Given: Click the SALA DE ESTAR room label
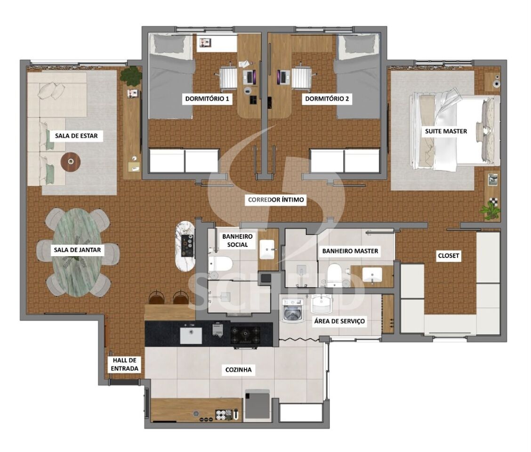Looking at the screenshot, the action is pos(76,136).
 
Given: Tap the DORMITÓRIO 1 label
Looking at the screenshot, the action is pos(207,98).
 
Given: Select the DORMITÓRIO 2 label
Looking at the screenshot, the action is pos(327,98).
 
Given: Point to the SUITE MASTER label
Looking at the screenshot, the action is pos(446,131).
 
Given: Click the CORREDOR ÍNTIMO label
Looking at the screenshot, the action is pos(276,200).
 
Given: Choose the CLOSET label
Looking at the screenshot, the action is pos(449,256).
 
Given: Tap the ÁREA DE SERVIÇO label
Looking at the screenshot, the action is pos(340,321).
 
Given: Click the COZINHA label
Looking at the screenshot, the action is pos(238,370).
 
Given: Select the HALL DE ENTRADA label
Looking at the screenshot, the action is pos(125,364).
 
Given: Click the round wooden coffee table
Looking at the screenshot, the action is pos(71,162).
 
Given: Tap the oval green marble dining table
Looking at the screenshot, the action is pos(78,252).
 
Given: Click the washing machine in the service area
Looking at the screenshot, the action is pos(293,310).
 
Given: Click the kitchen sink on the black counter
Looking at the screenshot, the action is pos(191,335).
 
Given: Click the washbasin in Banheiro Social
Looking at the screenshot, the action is pos(267,250).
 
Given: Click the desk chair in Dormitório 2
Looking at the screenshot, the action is pos(301,78).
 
